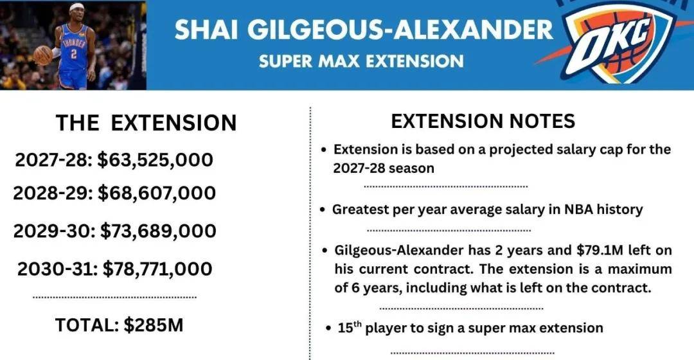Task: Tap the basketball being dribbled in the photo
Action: (43, 55)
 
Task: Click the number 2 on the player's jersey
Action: (74, 54)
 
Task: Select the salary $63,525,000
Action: (156, 160)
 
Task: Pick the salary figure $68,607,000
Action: (157, 194)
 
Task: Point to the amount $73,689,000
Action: (159, 231)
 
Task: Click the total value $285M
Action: (154, 325)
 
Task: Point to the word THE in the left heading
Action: (78, 123)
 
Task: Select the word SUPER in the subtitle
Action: (280, 61)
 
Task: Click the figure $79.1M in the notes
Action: (600, 251)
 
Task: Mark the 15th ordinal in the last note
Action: (350, 327)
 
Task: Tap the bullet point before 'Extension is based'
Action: (324, 150)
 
